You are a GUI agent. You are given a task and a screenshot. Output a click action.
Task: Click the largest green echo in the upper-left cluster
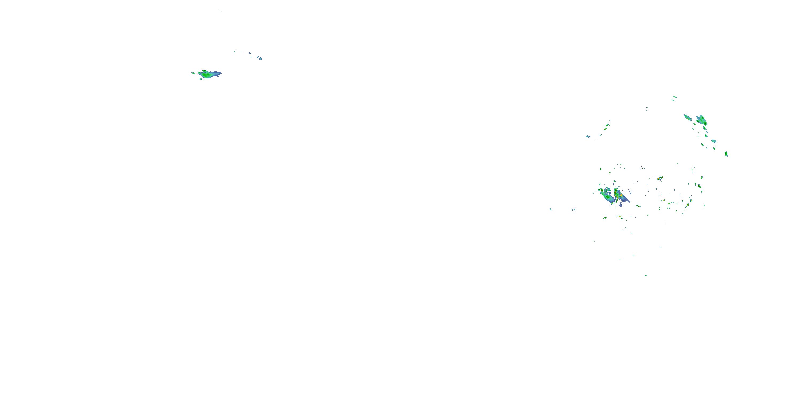tap(206, 75)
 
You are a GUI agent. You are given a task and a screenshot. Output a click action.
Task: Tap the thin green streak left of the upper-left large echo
tap(193, 73)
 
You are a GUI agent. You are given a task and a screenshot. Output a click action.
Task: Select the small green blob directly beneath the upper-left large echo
tap(201, 79)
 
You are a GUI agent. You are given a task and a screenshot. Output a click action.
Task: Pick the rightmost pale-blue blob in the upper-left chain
tap(260, 59)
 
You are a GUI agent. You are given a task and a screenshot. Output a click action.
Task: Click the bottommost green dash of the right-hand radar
tap(646, 275)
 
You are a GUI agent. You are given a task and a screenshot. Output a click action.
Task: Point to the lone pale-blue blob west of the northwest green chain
tap(588, 136)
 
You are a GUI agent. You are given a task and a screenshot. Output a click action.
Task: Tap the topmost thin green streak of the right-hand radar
tap(675, 97)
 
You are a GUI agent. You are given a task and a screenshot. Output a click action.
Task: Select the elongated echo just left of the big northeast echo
tap(687, 117)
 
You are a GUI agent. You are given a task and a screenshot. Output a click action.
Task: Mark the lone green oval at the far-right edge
tap(726, 154)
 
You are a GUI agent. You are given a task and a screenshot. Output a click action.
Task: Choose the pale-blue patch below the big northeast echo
tap(714, 141)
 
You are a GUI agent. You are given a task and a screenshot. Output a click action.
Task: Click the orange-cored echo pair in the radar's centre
tap(660, 178)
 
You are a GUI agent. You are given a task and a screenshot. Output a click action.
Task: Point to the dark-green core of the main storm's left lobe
tap(607, 197)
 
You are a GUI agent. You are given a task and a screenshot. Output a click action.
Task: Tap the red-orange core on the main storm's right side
tap(621, 195)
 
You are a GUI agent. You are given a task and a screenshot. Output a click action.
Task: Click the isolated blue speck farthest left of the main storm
tap(551, 209)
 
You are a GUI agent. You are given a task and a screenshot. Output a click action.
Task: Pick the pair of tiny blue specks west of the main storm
tap(574, 209)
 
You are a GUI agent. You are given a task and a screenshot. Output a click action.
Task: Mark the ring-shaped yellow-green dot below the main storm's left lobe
tap(605, 218)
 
